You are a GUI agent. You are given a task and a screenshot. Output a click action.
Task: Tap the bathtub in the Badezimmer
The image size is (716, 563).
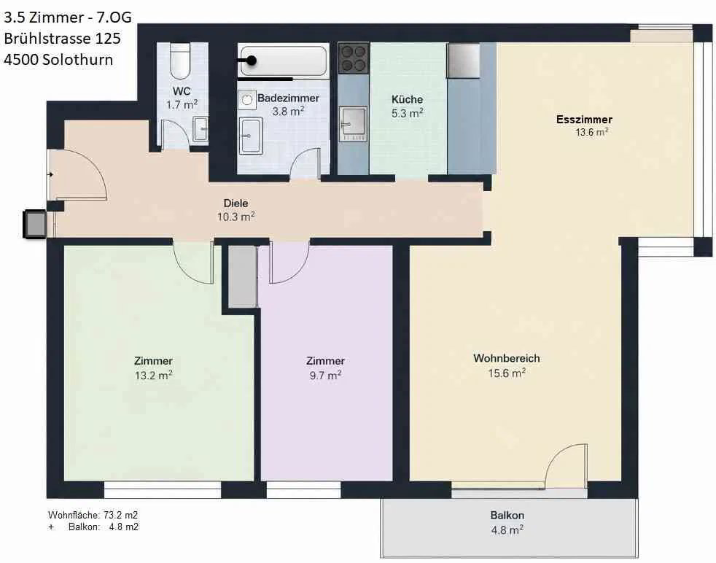[x=283, y=61]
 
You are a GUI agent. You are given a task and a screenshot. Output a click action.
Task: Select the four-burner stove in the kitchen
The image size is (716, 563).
[x=354, y=58]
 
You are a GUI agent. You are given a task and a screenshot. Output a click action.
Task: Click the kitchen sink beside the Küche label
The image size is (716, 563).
[x=354, y=124]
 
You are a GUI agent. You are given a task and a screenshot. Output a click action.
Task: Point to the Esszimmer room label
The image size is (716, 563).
[x=584, y=120]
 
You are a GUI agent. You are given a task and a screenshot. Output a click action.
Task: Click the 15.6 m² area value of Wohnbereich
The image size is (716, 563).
[x=507, y=373]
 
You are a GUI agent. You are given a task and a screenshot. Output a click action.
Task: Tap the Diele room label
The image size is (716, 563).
[x=236, y=203]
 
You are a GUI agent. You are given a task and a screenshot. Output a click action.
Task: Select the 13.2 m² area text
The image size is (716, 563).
[x=153, y=376]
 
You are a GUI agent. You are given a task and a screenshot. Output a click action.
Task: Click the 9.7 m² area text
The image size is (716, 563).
[x=325, y=376]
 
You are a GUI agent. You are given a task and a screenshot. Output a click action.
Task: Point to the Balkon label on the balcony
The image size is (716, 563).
[x=507, y=515]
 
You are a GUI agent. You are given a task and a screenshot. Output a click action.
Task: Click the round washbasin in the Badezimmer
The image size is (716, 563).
[x=246, y=100]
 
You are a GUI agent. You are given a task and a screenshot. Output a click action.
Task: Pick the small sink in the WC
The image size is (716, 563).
[x=200, y=129]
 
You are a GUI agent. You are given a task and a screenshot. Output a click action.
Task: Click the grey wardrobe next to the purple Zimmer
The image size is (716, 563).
[x=242, y=276]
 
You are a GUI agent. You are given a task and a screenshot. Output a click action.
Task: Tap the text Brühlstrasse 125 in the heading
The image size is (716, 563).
[x=62, y=39]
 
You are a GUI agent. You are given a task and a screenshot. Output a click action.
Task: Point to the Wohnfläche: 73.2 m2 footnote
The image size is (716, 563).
[x=93, y=515]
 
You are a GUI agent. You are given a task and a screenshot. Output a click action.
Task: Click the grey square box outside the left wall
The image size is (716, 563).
[x=35, y=224]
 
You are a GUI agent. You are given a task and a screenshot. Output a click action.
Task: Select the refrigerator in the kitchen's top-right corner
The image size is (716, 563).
[x=463, y=61]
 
